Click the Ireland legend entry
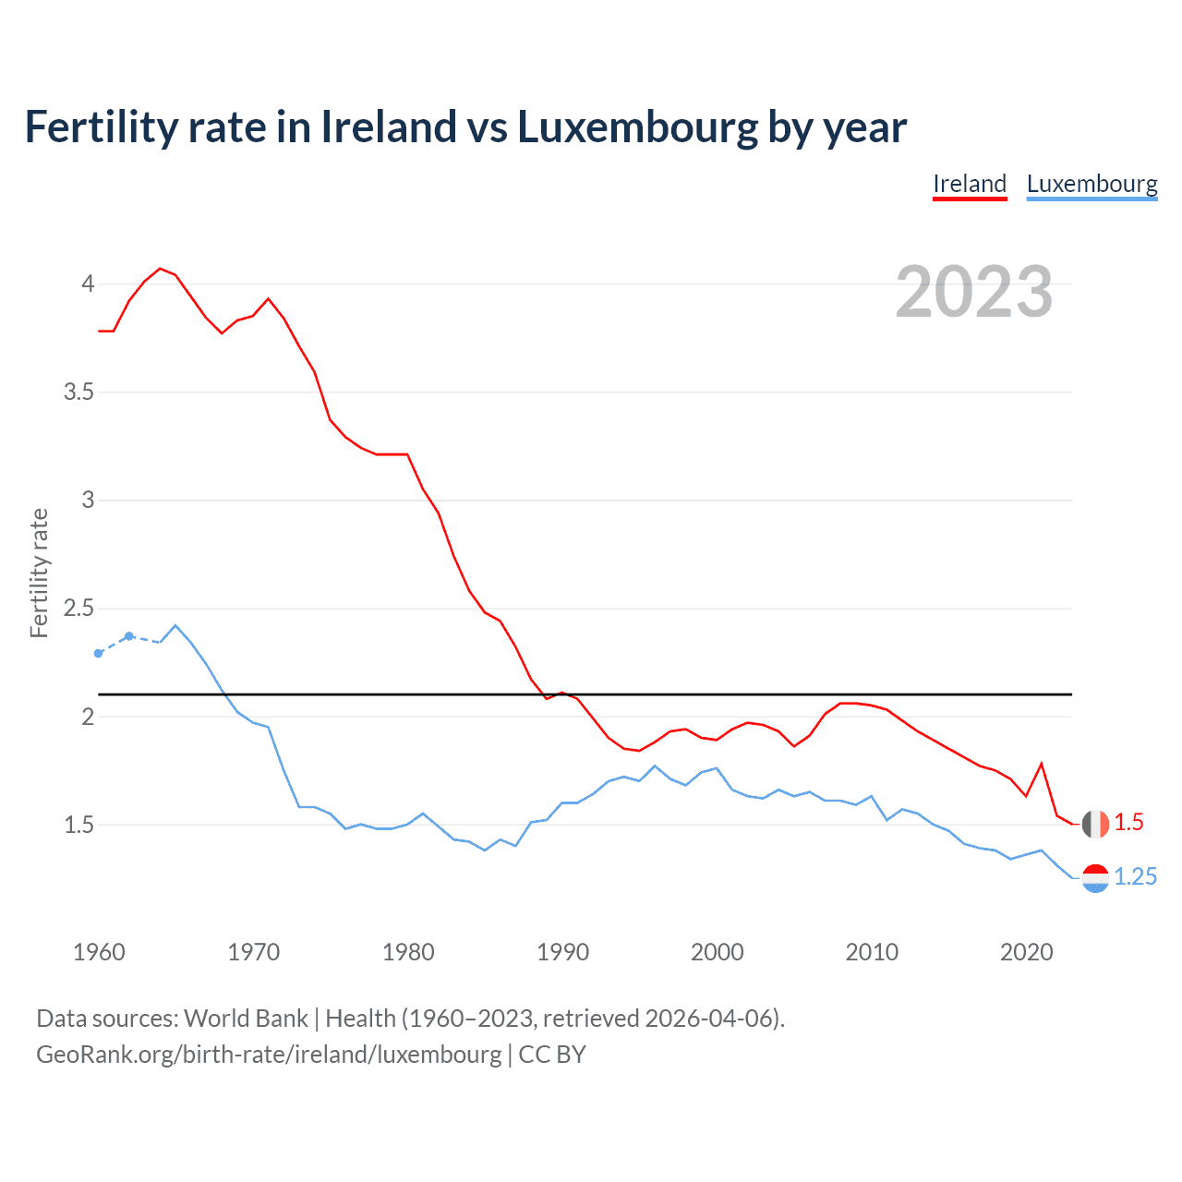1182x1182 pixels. point(969,184)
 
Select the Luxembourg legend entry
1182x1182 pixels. point(1092,184)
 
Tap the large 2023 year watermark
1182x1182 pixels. point(973,292)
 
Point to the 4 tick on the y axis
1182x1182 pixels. point(88,283)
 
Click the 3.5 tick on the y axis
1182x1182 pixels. point(78,392)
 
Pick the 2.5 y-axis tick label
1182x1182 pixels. point(78,608)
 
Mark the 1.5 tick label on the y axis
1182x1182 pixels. point(78,825)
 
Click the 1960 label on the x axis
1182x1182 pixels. point(99,952)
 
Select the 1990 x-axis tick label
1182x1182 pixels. point(562,952)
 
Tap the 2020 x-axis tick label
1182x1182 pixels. point(1026,952)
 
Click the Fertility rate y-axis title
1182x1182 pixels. point(39,573)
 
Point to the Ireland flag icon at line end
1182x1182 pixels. point(1095,824)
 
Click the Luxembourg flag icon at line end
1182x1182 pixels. point(1095,878)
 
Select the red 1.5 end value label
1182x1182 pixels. point(1128,822)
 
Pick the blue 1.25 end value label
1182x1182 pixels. point(1135,876)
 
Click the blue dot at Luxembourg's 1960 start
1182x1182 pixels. point(99,653)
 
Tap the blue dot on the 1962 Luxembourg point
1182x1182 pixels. point(129,636)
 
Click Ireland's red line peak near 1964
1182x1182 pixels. point(160,269)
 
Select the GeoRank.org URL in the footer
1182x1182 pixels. point(269,1054)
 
